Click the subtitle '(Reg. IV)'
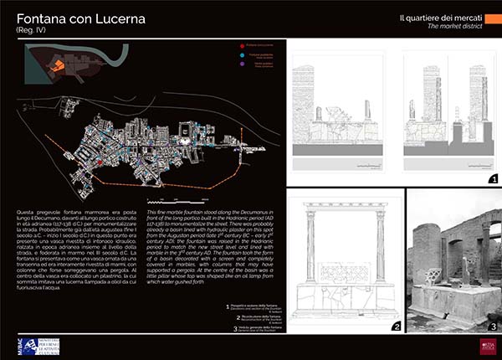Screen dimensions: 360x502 point(31,31)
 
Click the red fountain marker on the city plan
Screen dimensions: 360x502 point(100,162)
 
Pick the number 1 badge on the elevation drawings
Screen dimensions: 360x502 point(493,179)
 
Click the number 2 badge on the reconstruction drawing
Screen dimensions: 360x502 point(397,325)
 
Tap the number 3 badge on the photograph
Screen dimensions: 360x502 point(493,326)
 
